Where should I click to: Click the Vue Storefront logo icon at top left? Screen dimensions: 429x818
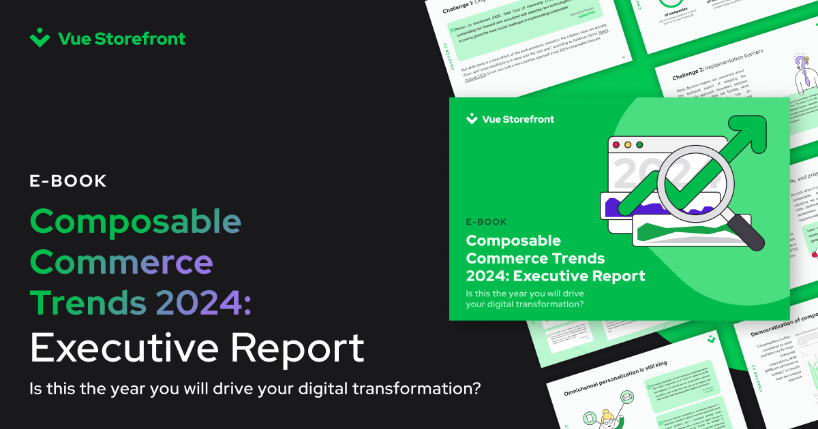40,38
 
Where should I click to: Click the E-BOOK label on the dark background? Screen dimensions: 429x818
68,181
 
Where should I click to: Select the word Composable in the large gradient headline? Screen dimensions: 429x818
136,222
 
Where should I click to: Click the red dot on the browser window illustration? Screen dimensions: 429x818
616,145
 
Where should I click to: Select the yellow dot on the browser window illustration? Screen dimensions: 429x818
639,145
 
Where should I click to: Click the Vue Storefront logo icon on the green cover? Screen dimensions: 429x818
472,119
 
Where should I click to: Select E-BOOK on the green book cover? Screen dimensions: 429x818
486,222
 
